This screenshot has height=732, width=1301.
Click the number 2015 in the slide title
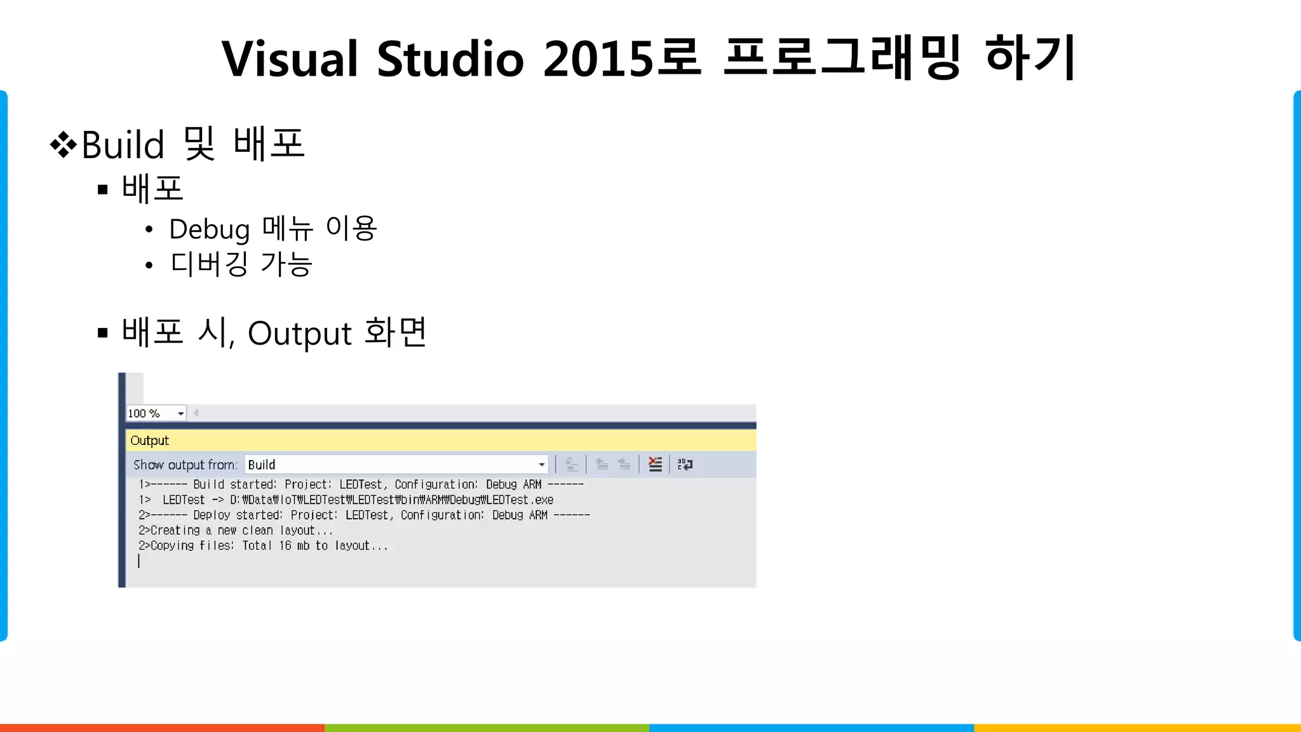(598, 59)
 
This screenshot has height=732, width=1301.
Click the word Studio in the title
(450, 59)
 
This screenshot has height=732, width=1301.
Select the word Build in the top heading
(123, 145)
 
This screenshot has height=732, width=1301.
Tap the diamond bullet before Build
(63, 144)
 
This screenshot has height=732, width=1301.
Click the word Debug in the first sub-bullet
(209, 230)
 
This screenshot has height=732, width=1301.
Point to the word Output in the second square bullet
(299, 334)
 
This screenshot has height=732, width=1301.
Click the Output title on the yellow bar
(150, 440)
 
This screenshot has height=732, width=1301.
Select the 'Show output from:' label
(185, 465)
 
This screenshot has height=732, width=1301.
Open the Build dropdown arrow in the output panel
(541, 465)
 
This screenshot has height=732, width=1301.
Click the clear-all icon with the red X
(655, 464)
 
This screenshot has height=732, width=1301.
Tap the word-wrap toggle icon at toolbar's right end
(685, 464)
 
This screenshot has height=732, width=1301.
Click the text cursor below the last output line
(138, 561)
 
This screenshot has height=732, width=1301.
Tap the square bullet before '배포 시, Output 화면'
(103, 332)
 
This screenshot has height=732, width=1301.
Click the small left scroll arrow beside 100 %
(196, 413)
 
